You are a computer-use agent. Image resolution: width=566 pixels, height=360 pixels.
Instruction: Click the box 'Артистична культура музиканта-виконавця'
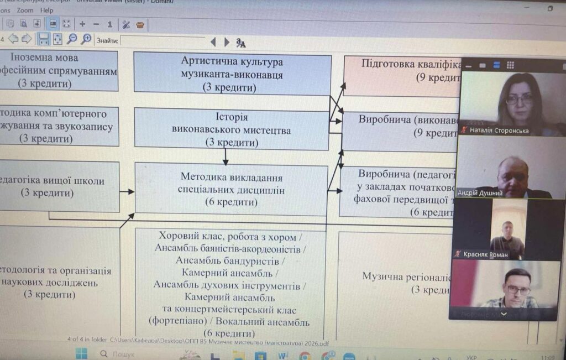click(x=232, y=74)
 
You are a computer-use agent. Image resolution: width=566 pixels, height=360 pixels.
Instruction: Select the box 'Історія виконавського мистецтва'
click(x=232, y=130)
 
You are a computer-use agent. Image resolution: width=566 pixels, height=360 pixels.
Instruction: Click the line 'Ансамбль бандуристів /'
click(x=230, y=260)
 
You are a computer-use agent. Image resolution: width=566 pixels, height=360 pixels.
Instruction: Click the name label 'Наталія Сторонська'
click(x=499, y=131)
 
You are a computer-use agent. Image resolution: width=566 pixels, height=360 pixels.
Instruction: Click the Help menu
click(x=47, y=10)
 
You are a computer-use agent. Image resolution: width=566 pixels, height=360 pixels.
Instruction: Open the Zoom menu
click(x=25, y=10)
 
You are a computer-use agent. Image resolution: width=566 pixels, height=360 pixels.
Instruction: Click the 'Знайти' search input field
click(x=163, y=41)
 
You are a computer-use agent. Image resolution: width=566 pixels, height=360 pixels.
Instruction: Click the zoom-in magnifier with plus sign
click(x=86, y=39)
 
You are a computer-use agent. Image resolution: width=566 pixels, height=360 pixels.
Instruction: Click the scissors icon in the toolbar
click(x=126, y=24)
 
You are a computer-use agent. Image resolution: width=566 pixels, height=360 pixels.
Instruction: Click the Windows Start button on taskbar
click(x=81, y=353)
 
